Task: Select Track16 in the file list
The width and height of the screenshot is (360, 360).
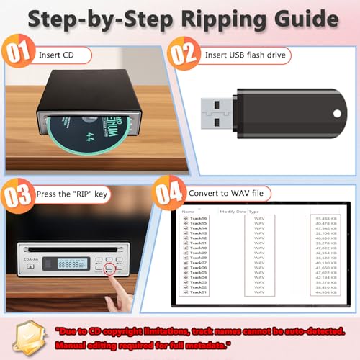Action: pyautogui.click(x=199, y=217)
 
